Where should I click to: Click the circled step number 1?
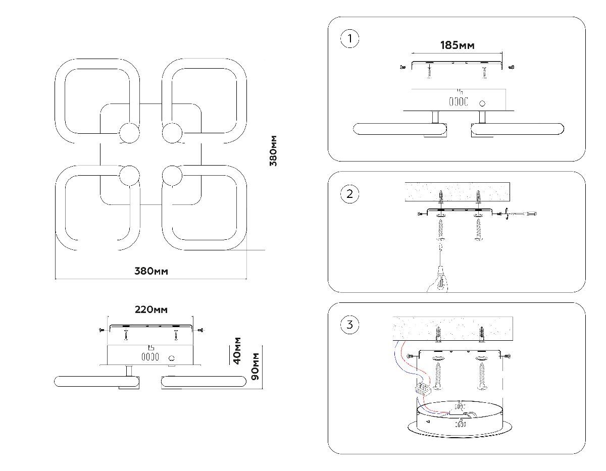[350, 39]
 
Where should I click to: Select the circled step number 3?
[350, 325]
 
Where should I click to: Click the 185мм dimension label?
[457, 45]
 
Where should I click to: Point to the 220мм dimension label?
[150, 309]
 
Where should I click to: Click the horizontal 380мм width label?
[151, 271]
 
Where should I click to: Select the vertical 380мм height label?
[273, 151]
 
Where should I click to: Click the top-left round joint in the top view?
[129, 133]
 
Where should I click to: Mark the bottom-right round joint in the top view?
[172, 175]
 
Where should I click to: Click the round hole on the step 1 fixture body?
[482, 103]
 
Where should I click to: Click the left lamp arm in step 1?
[399, 129]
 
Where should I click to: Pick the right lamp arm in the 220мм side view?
[202, 382]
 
